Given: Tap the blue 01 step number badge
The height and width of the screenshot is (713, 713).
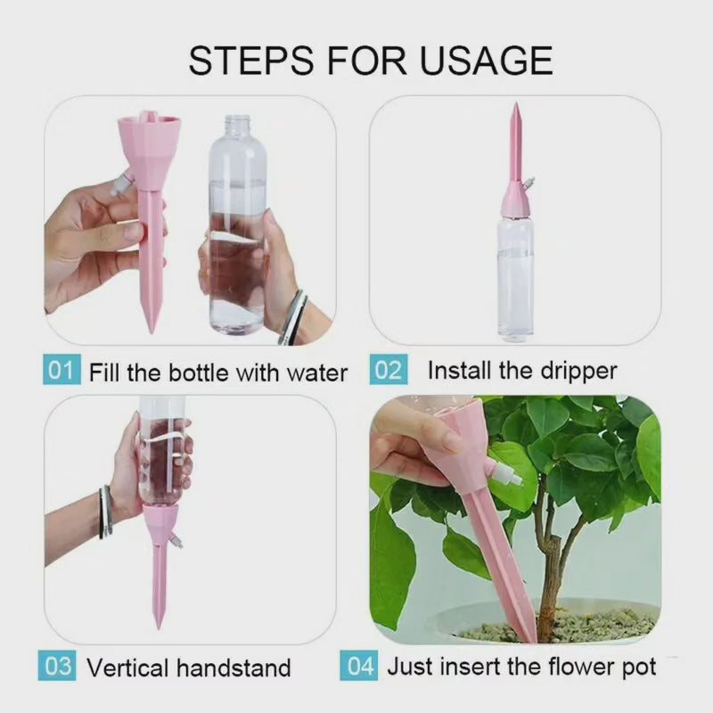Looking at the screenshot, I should tap(61, 371).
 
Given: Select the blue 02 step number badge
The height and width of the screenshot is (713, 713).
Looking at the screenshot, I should tap(388, 371).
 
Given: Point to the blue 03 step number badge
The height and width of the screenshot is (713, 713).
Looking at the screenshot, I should tap(57, 667).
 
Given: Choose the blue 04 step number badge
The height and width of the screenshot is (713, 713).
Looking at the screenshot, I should tap(360, 667).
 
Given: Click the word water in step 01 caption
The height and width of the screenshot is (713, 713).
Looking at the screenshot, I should tap(316, 372).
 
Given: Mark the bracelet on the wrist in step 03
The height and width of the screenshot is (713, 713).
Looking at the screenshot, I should tap(106, 512).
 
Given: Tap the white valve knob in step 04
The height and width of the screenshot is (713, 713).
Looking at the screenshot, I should tap(512, 476).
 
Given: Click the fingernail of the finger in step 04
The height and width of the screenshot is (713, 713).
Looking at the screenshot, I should tap(452, 440).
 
